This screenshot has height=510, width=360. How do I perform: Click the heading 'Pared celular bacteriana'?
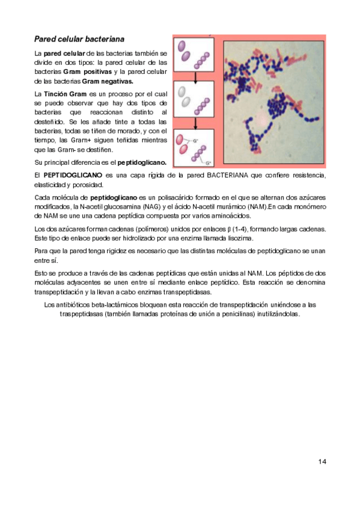pyautogui.click(x=79, y=39)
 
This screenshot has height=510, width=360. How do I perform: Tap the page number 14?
pyautogui.click(x=322, y=461)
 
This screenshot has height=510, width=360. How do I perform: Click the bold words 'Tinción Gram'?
pyautogui.click(x=65, y=94)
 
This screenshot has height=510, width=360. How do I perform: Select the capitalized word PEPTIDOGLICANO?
pyautogui.click(x=73, y=175)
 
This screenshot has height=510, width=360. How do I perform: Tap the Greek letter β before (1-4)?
pyautogui.click(x=229, y=229)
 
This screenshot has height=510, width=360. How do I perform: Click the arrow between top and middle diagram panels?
pyautogui.click(x=195, y=77)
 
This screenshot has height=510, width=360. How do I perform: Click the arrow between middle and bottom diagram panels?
pyautogui.click(x=195, y=123)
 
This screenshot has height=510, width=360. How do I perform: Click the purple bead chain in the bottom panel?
pyautogui.click(x=199, y=153)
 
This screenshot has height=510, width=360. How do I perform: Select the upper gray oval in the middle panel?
pyautogui.click(x=182, y=91)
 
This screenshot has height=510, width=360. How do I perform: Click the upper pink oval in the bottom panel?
pyautogui.click(x=179, y=140)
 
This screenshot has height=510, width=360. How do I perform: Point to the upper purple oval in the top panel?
pyautogui.click(x=182, y=46)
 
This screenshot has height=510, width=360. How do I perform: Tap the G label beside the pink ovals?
pyautogui.click(x=195, y=141)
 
